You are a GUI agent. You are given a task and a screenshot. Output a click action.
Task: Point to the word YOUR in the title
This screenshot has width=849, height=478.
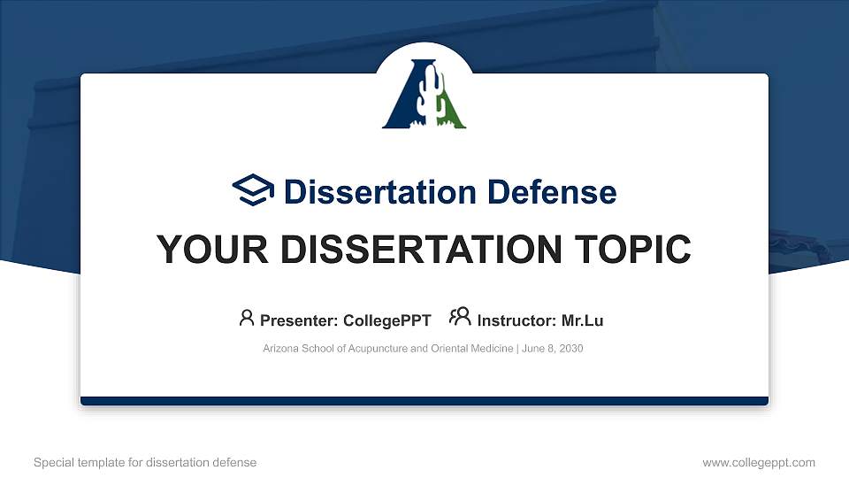pos(198,251)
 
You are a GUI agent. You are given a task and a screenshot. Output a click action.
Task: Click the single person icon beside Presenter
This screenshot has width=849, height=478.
pos(247,318)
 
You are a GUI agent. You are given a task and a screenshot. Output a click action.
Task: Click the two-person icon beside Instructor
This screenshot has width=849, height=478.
pos(460,318)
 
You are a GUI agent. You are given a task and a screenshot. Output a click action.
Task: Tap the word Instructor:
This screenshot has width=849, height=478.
pos(516,320)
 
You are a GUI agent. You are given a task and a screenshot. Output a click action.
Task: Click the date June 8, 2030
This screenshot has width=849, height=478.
pos(552,349)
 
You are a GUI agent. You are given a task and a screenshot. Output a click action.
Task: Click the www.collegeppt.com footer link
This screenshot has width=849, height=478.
pos(758,462)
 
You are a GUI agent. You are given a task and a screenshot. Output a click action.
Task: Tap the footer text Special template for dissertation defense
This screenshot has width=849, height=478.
pos(145,462)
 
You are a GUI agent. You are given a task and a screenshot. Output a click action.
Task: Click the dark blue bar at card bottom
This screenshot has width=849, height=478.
pos(424,401)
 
